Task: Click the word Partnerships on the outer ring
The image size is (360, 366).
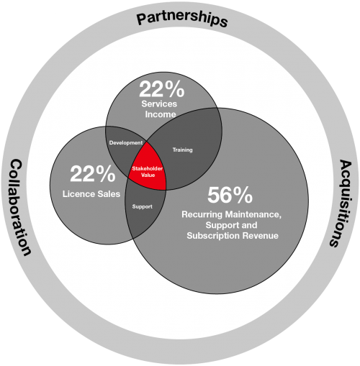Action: click(x=182, y=19)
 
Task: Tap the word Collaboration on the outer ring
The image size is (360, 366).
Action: click(x=20, y=207)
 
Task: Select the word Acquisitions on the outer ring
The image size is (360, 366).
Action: click(x=341, y=203)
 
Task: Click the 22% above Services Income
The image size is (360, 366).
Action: click(x=162, y=89)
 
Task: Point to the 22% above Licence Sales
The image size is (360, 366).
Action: click(x=93, y=173)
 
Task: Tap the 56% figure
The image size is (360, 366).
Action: click(x=230, y=195)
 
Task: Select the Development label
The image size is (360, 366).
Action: click(x=126, y=143)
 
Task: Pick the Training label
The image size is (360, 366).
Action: click(x=182, y=150)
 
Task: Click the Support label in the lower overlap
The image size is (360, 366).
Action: click(x=142, y=206)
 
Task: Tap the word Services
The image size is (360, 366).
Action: click(x=159, y=104)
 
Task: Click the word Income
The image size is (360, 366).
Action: click(x=161, y=114)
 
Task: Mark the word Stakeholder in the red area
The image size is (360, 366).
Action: click(x=148, y=168)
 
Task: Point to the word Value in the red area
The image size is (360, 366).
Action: click(x=148, y=175)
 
